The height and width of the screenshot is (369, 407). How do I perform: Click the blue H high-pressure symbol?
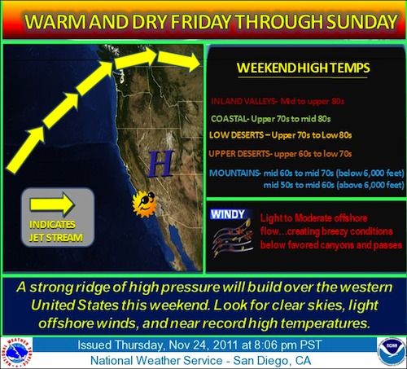pyautogui.click(x=160, y=164)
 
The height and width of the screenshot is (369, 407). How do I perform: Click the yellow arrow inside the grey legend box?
pyautogui.click(x=52, y=204)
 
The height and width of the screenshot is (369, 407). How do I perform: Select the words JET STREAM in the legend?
pyautogui.click(x=56, y=238)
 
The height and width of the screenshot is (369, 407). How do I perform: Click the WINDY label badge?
pyautogui.click(x=228, y=214)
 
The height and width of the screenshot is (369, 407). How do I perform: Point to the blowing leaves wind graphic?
pyautogui.click(x=233, y=238)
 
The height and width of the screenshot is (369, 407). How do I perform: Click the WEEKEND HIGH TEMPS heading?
pyautogui.click(x=303, y=68)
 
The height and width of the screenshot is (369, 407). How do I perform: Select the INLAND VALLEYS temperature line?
pyautogui.click(x=278, y=101)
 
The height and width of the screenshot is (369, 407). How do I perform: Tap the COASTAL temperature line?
pyautogui.click(x=271, y=119)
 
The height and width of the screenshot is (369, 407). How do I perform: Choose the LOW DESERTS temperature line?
pyautogui.click(x=280, y=135)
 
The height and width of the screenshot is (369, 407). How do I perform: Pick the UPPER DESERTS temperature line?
pyautogui.click(x=280, y=154)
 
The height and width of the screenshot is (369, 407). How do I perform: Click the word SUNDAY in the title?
pyautogui.click(x=362, y=22)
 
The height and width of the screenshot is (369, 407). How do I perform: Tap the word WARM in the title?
pyautogui.click(x=56, y=22)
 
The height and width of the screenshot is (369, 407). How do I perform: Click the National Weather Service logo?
pyautogui.click(x=18, y=352)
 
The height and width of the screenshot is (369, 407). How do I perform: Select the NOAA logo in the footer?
pyautogui.click(x=391, y=352)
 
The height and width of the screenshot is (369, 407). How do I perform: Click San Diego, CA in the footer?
pyautogui.click(x=272, y=361)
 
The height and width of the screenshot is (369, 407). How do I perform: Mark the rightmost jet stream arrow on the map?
pyautogui.click(x=178, y=62)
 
